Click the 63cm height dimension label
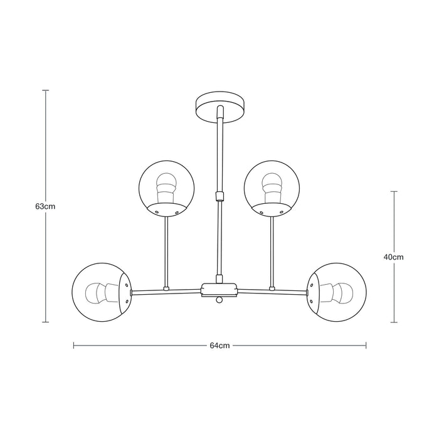[46, 206]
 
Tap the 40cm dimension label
[394, 257]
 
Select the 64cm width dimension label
[219, 345]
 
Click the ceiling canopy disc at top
[219, 107]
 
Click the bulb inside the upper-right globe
[273, 185]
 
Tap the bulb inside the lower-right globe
[341, 292]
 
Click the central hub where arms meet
[219, 289]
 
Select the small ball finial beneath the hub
[219, 301]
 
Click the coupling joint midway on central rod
[219, 195]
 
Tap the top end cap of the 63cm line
[46, 91]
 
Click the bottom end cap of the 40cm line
[394, 322]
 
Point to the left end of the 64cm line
[74, 345]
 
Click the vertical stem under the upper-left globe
[166, 251]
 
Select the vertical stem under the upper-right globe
[272, 251]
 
